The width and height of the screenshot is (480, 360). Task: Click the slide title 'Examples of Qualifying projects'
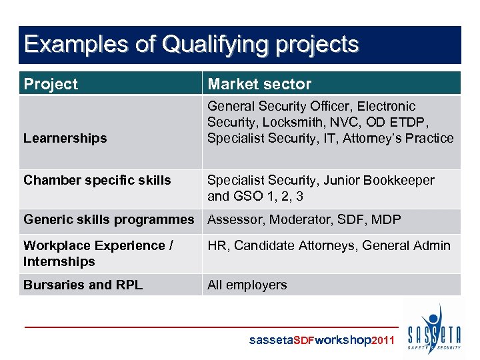(x=191, y=45)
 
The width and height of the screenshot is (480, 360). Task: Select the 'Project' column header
(x=51, y=84)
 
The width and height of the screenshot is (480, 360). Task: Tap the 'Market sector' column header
(x=259, y=84)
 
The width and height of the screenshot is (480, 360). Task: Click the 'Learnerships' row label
(x=65, y=138)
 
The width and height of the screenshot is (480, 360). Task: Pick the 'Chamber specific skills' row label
(x=97, y=180)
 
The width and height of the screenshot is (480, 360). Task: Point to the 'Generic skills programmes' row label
(x=109, y=220)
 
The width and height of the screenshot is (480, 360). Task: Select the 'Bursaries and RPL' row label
(x=83, y=285)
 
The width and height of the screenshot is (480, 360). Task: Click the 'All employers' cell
(x=247, y=285)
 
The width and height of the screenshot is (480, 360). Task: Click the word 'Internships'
(x=59, y=261)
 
